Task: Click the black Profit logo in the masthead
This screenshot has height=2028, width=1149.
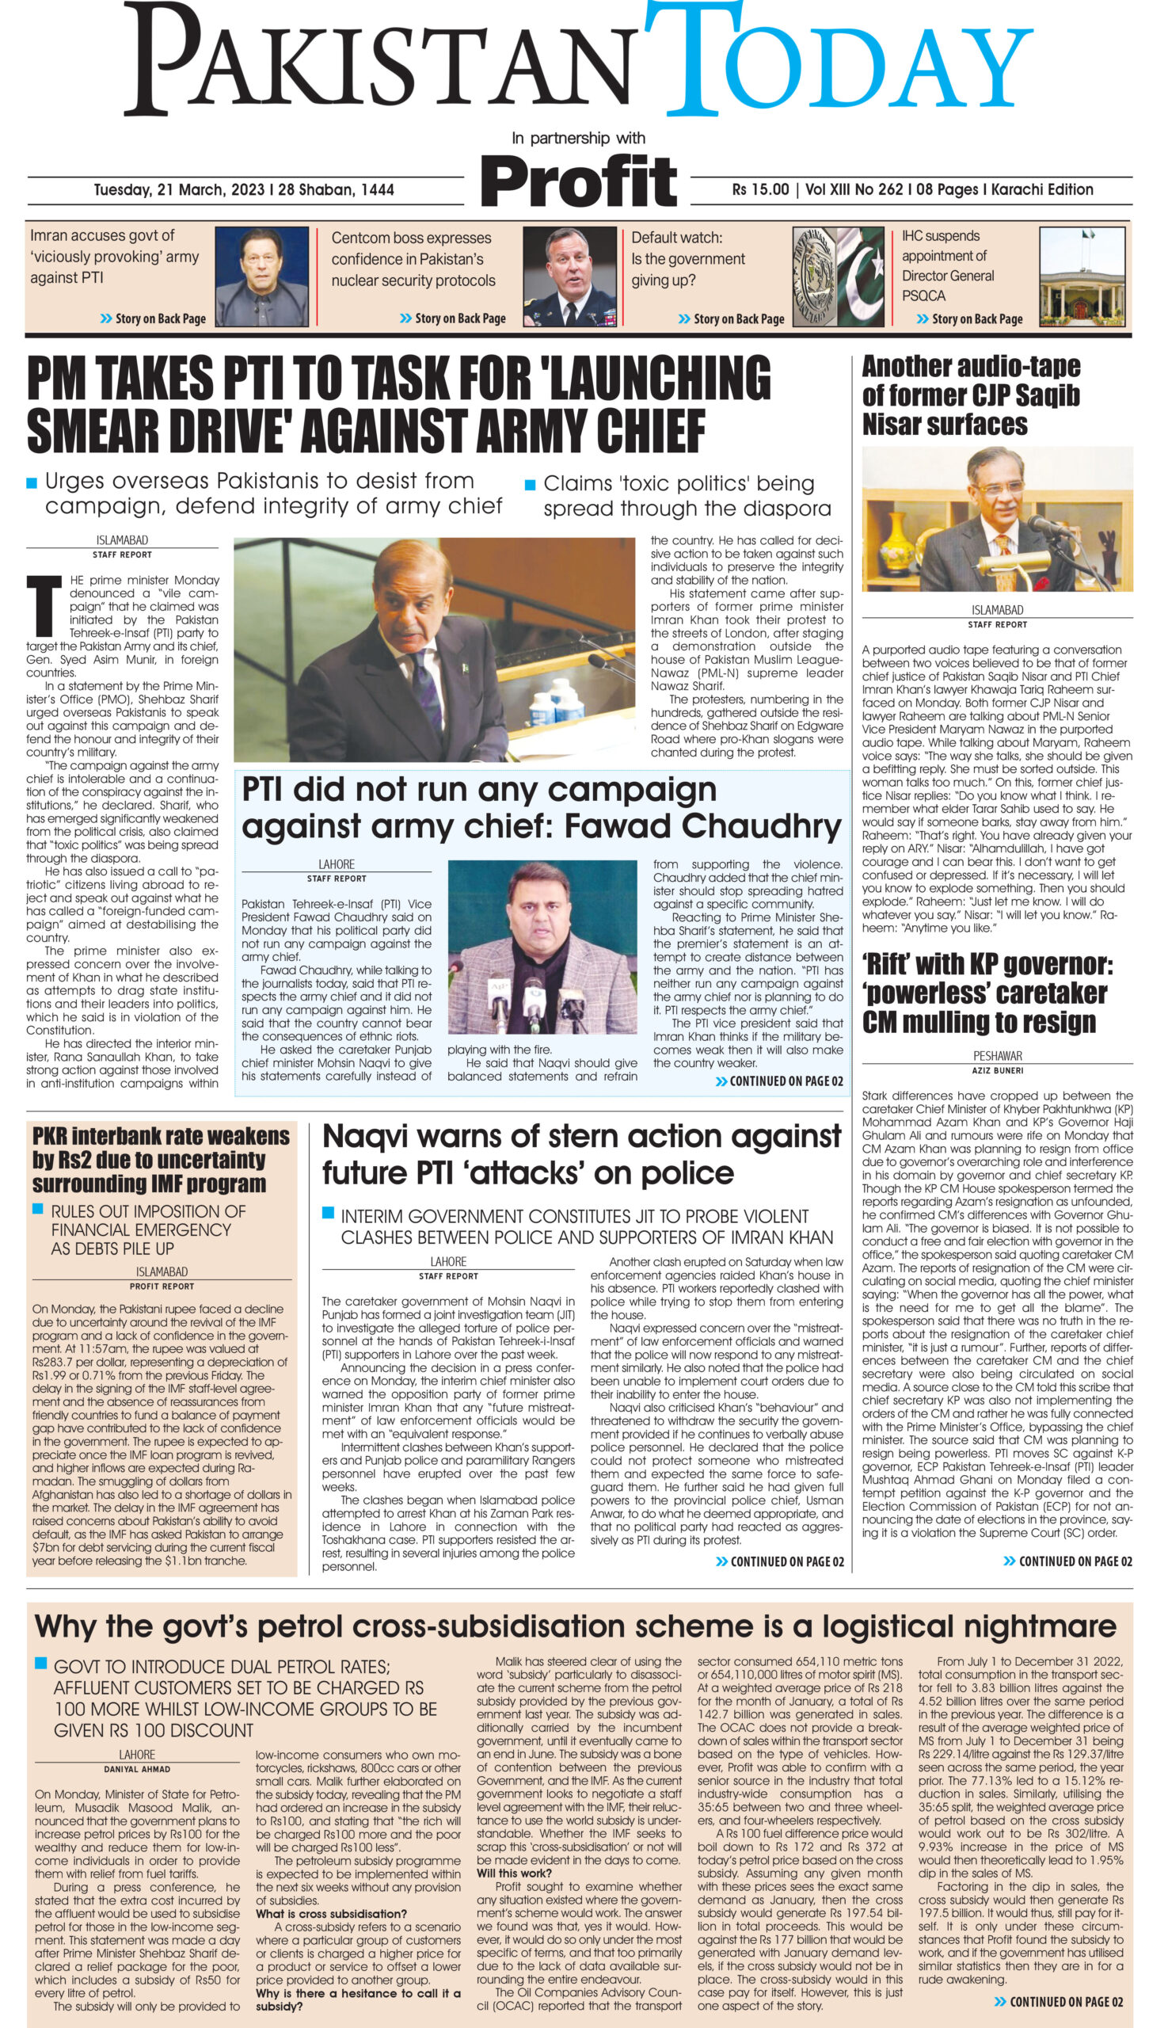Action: pos(579,181)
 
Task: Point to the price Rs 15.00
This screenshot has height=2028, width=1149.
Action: pos(760,189)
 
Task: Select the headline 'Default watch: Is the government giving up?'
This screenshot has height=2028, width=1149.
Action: pos(687,258)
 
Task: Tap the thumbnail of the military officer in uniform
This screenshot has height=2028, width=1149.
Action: pos(569,276)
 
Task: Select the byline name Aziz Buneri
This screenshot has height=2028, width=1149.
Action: pos(997,1070)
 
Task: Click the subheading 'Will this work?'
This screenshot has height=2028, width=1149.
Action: pos(514,1873)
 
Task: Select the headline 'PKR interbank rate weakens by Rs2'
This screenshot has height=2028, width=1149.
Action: pos(161,1160)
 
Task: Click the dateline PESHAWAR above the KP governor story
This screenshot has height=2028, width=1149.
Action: pos(997,1056)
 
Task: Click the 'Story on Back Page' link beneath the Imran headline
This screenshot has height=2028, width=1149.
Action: pos(153,318)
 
